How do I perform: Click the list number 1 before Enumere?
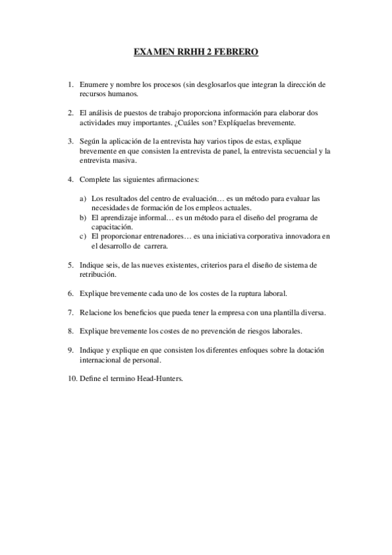[x=70, y=85]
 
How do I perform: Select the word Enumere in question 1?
[x=93, y=85]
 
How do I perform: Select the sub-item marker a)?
[x=82, y=198]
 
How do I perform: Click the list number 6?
[x=70, y=293]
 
